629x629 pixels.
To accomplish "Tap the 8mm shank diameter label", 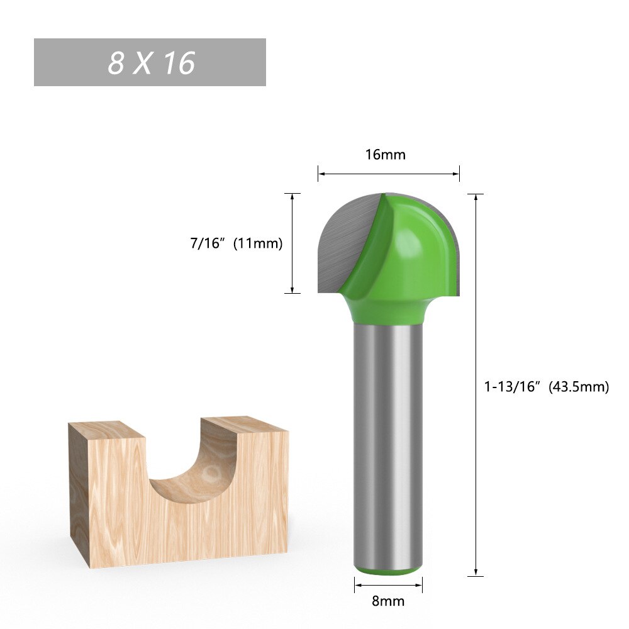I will click(388, 601).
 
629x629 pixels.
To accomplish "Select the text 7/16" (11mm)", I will click(237, 243).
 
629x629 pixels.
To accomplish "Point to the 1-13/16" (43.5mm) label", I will click(547, 387).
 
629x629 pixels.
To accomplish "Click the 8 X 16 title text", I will click(151, 63).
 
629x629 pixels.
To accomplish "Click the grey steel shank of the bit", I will click(387, 440).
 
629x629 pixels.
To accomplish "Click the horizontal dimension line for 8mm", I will click(388, 586).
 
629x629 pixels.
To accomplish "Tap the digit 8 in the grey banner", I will click(116, 63).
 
